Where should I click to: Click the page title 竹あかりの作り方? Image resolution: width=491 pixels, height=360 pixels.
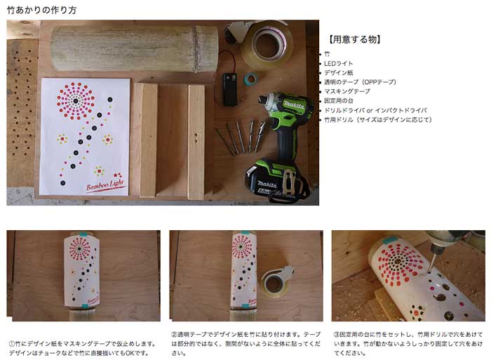pyautogui.click(x=42, y=11)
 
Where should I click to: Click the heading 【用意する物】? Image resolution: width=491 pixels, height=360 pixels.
pyautogui.click(x=355, y=39)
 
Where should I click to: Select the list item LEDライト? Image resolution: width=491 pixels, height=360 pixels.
pyautogui.click(x=339, y=63)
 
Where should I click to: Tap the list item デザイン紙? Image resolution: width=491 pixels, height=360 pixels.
pyautogui.click(x=339, y=73)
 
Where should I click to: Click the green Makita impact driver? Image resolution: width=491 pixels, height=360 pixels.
pyautogui.click(x=283, y=119)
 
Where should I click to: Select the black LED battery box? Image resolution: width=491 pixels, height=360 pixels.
pyautogui.click(x=230, y=88)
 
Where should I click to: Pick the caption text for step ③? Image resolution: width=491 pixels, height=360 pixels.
pyautogui.click(x=407, y=344)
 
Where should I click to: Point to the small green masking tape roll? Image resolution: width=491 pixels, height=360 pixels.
pyautogui.click(x=250, y=79)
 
